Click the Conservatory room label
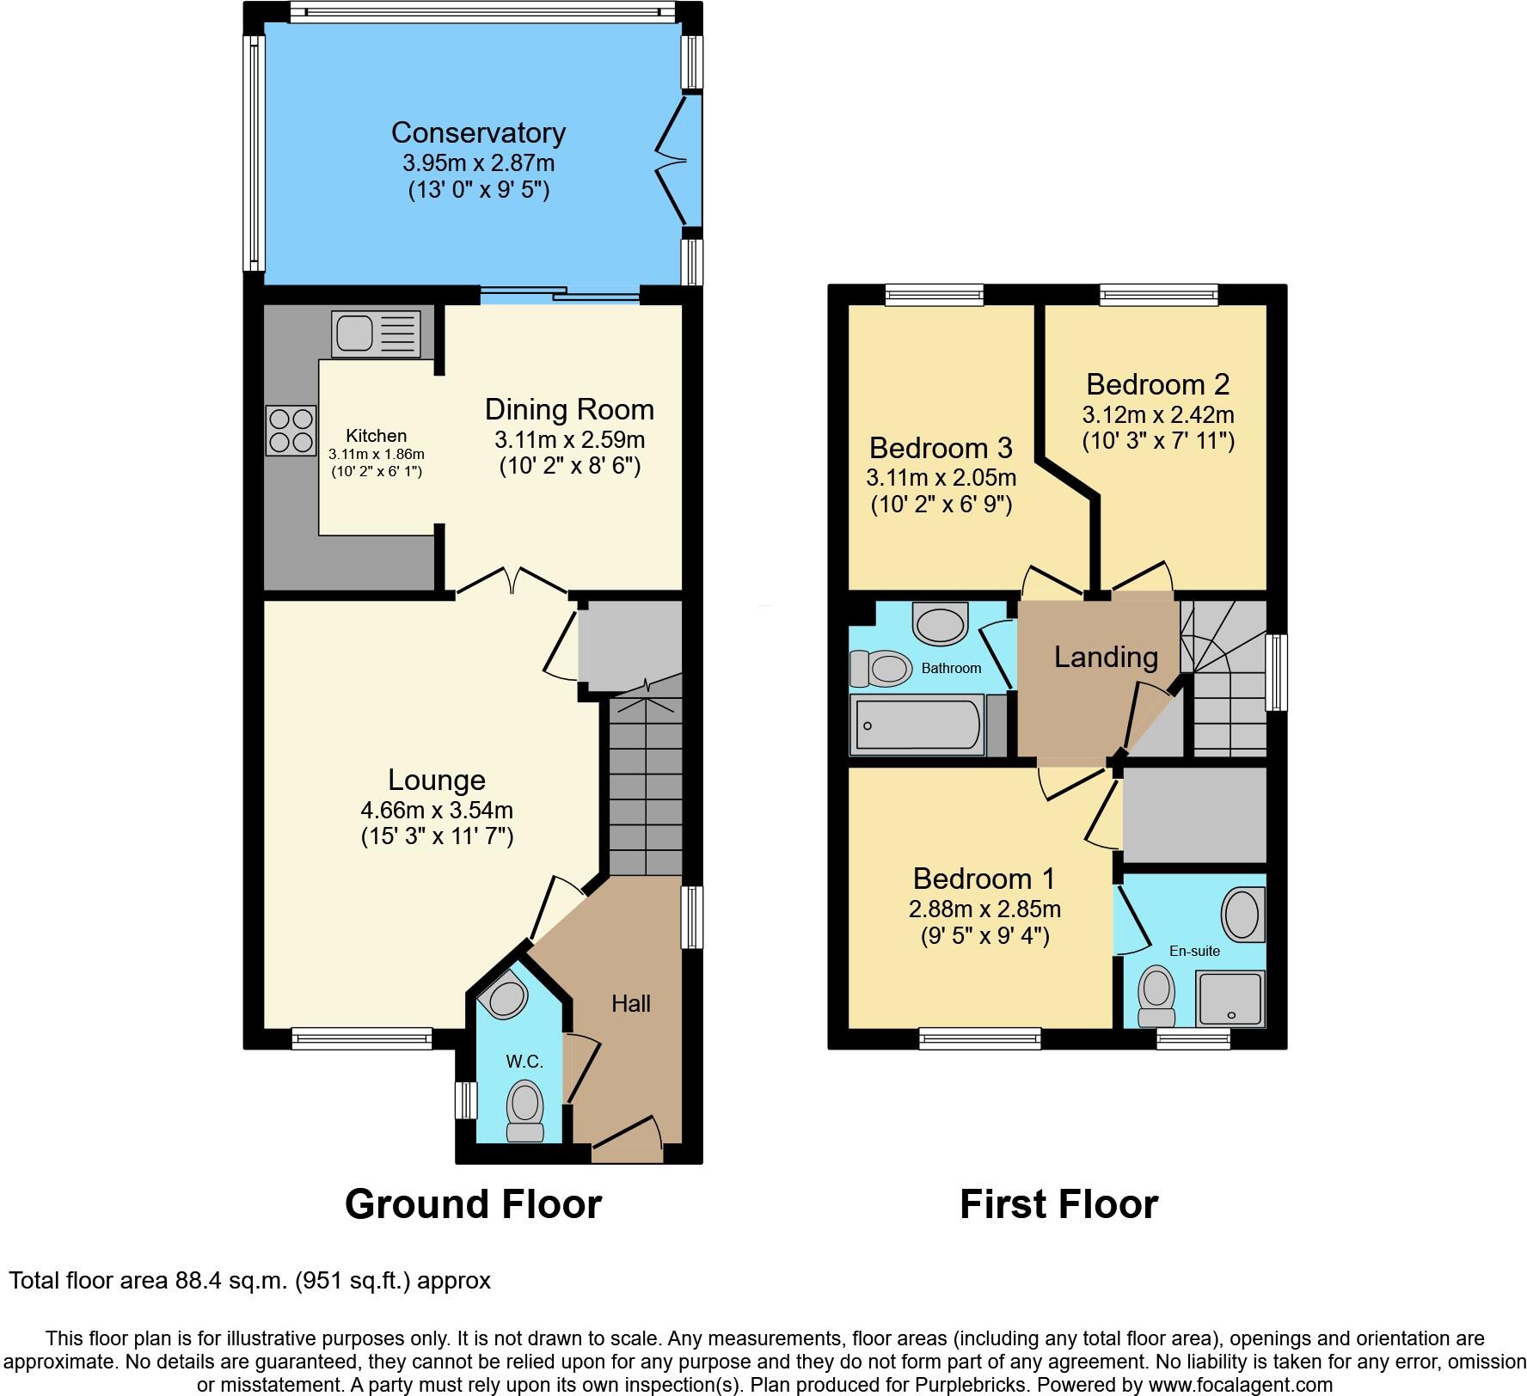pos(478,132)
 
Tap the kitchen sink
pos(377,334)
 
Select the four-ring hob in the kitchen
pos(291,430)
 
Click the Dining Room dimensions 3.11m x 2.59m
pos(569,440)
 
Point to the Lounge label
pos(437,780)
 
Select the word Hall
pos(631,1003)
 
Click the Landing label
pos(1106,657)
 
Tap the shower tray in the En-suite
pos(1231,998)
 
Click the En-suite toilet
pos(1156,996)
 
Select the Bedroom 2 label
pos(1157,383)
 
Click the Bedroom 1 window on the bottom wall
pos(979,1039)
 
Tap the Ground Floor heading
pos(473,1203)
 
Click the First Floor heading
pos(1058,1203)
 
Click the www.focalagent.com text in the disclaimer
pos(1238,1385)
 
